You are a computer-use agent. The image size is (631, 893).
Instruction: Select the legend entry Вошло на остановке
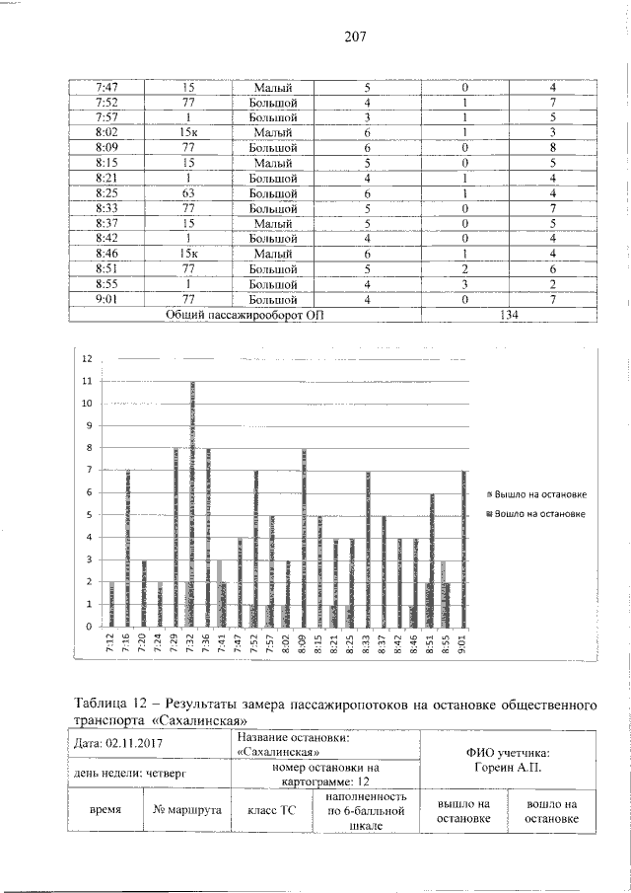[541, 513]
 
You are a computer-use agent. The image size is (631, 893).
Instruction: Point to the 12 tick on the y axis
[87, 359]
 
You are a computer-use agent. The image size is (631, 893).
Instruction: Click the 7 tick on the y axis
[87, 471]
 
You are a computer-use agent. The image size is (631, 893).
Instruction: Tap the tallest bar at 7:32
[192, 503]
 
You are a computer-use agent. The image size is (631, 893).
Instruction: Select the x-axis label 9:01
[463, 645]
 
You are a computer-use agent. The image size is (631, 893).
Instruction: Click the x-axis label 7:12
[110, 645]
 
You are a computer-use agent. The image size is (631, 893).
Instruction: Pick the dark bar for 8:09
[304, 538]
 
